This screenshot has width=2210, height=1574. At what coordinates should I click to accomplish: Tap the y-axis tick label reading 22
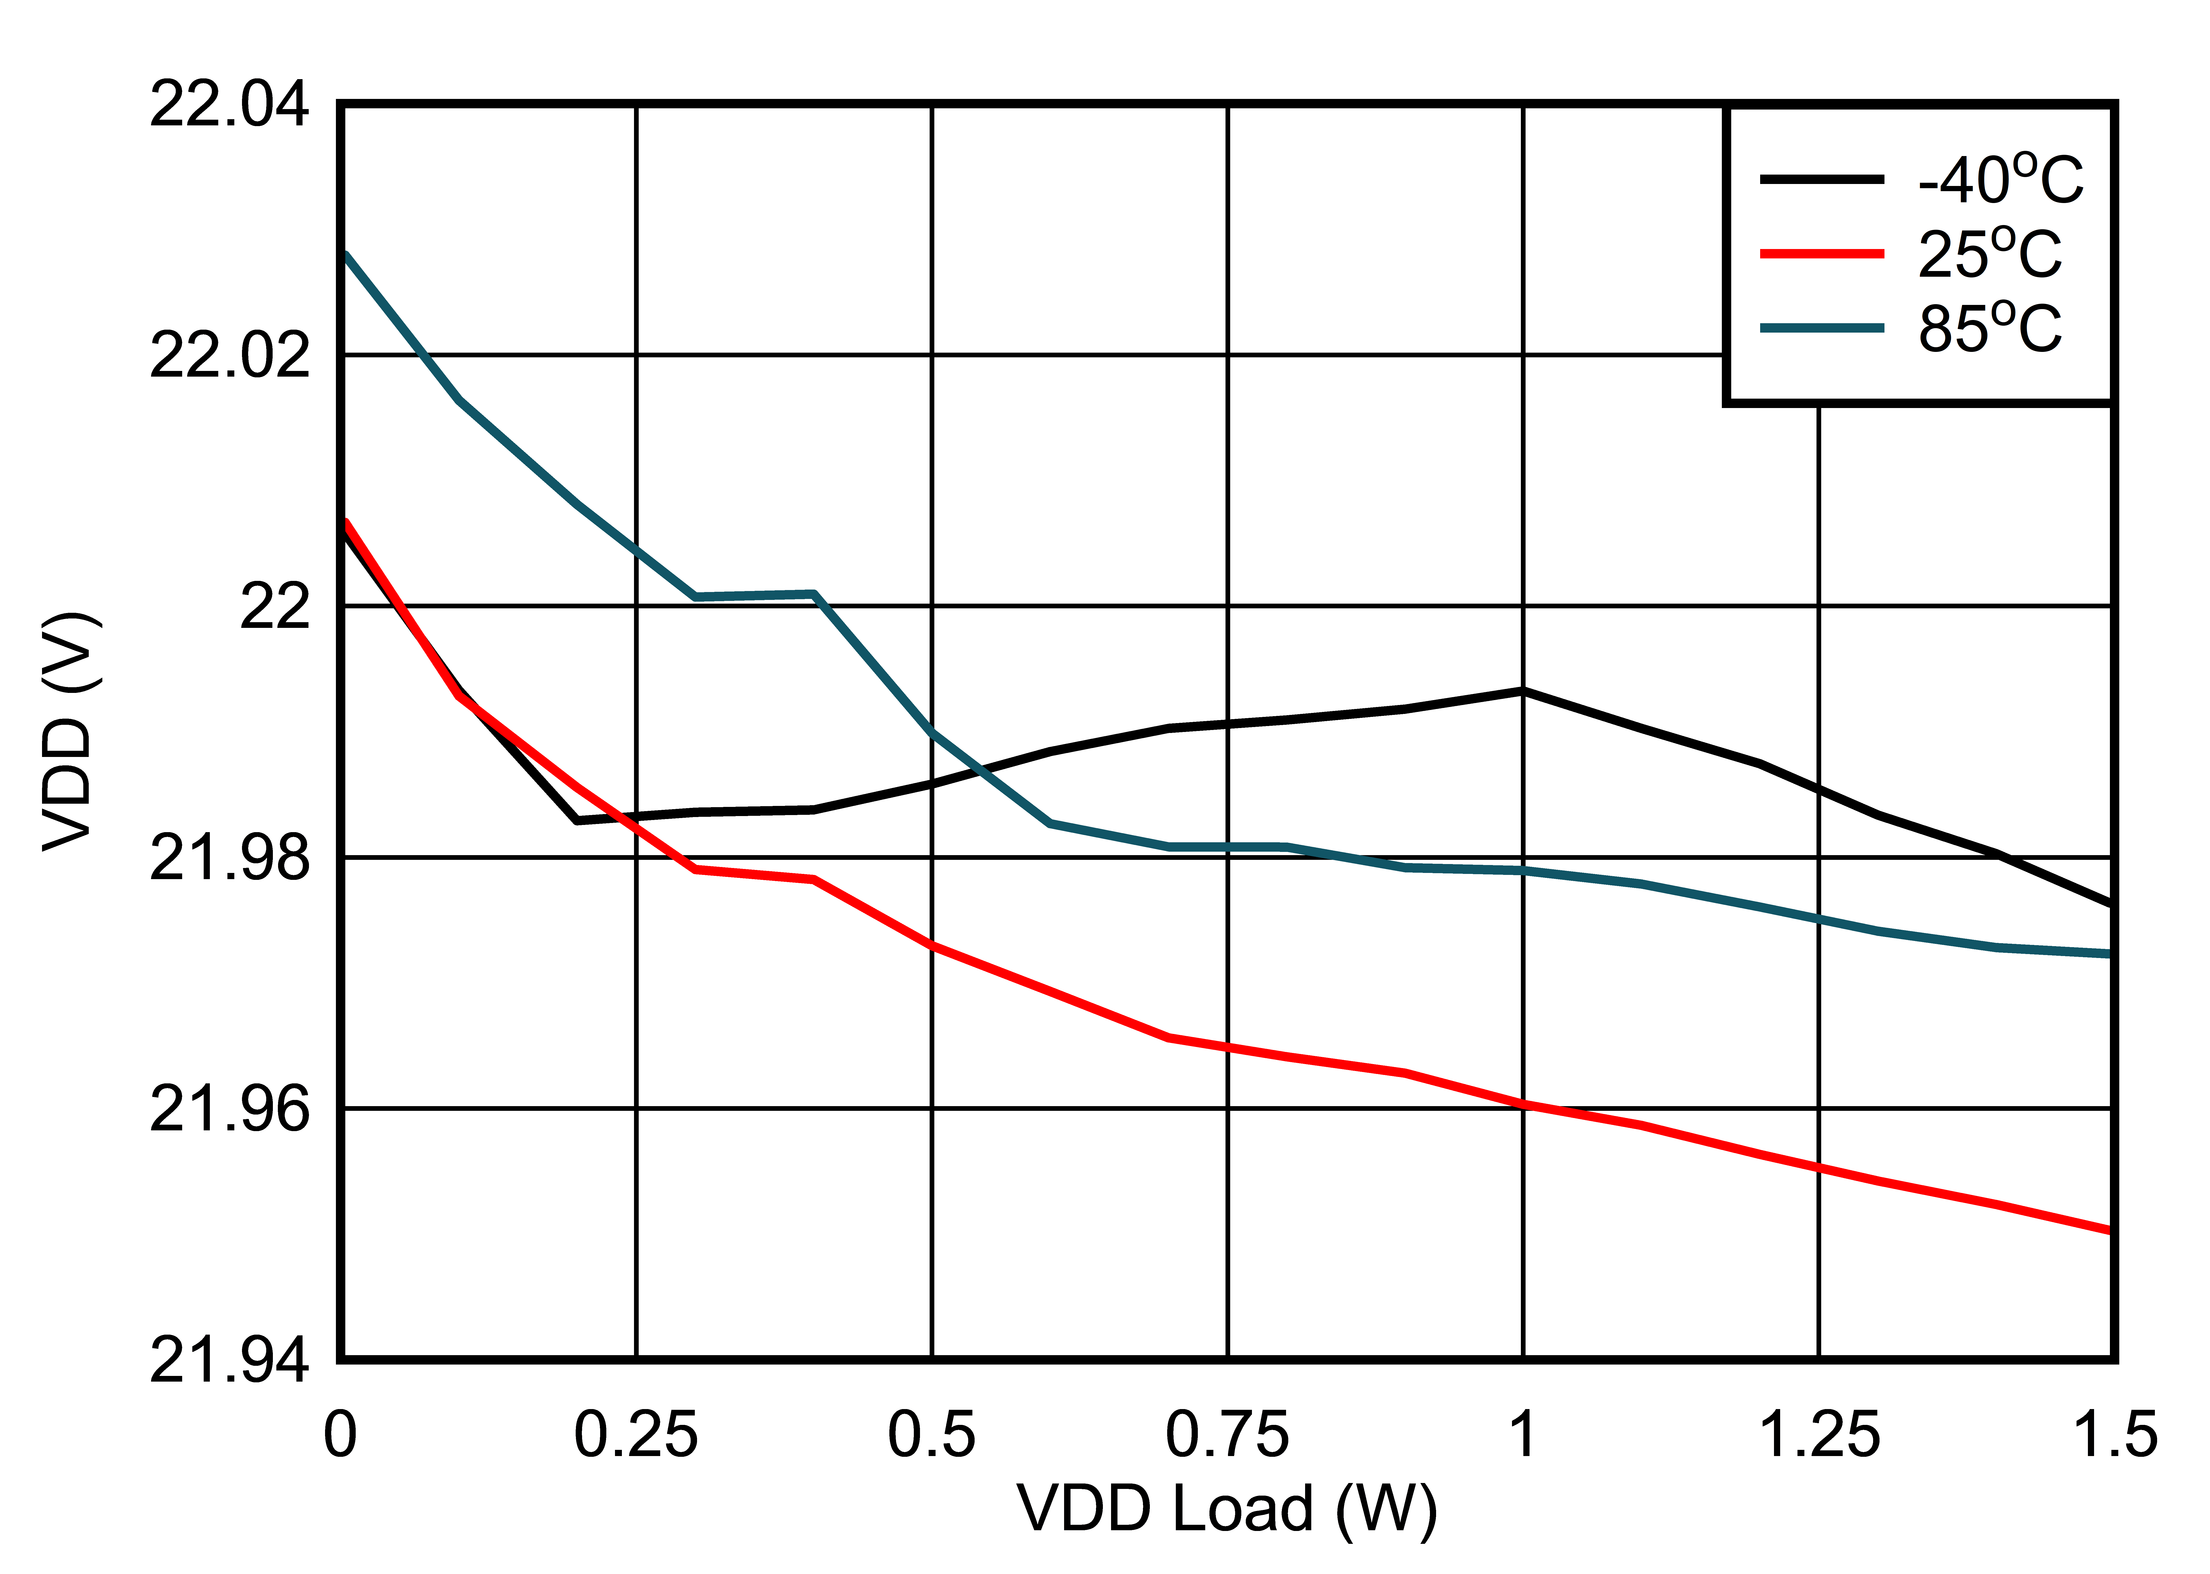(x=274, y=607)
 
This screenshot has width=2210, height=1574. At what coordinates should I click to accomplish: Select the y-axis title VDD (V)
(x=70, y=732)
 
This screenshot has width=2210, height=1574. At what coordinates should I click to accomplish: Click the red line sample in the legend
(x=1821, y=254)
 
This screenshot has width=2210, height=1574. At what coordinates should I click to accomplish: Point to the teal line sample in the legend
(x=1821, y=329)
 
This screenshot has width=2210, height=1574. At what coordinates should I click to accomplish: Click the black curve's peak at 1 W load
(x=1523, y=691)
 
